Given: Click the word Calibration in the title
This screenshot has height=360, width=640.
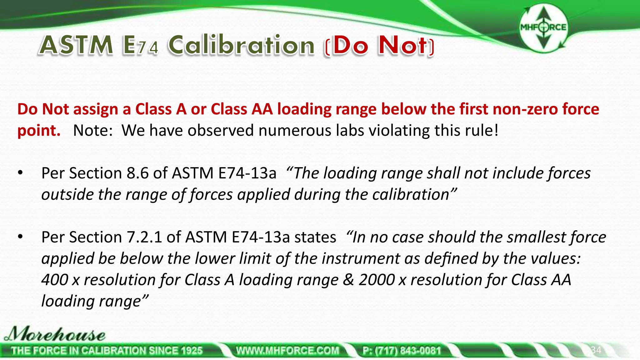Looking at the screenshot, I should [x=241, y=46].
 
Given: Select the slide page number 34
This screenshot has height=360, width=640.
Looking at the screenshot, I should [x=596, y=350].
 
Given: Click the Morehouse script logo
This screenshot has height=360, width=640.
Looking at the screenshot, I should [x=55, y=334].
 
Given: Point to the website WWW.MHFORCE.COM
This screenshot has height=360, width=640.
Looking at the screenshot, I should [x=287, y=351].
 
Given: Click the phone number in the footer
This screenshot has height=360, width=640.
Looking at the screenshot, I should [x=402, y=351].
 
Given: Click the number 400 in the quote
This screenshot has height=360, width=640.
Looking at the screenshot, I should [x=54, y=280].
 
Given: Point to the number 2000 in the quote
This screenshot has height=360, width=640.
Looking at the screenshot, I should [x=377, y=280].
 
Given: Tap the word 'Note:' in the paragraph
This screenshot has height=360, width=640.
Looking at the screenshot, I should [x=93, y=131].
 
